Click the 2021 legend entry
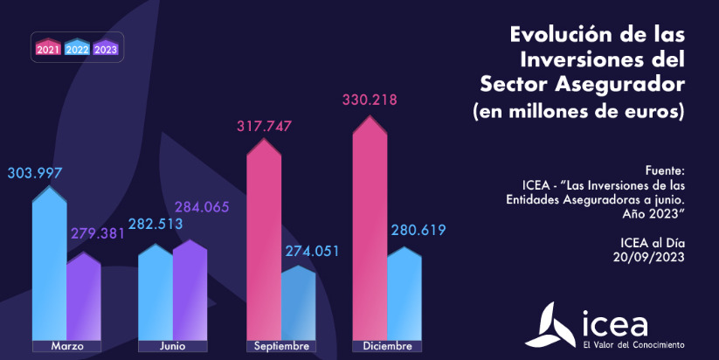pos(49,48)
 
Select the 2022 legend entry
pos(77,48)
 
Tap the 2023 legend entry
pos(106,48)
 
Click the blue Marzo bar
pos(49,262)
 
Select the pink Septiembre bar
pos(264,236)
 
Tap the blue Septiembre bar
pos(298,301)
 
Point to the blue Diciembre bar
pos(404,293)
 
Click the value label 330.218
pos(369,100)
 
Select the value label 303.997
pos(35,172)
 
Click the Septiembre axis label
pos(281,346)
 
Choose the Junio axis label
pos(173,346)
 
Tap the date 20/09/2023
pos(648,257)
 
